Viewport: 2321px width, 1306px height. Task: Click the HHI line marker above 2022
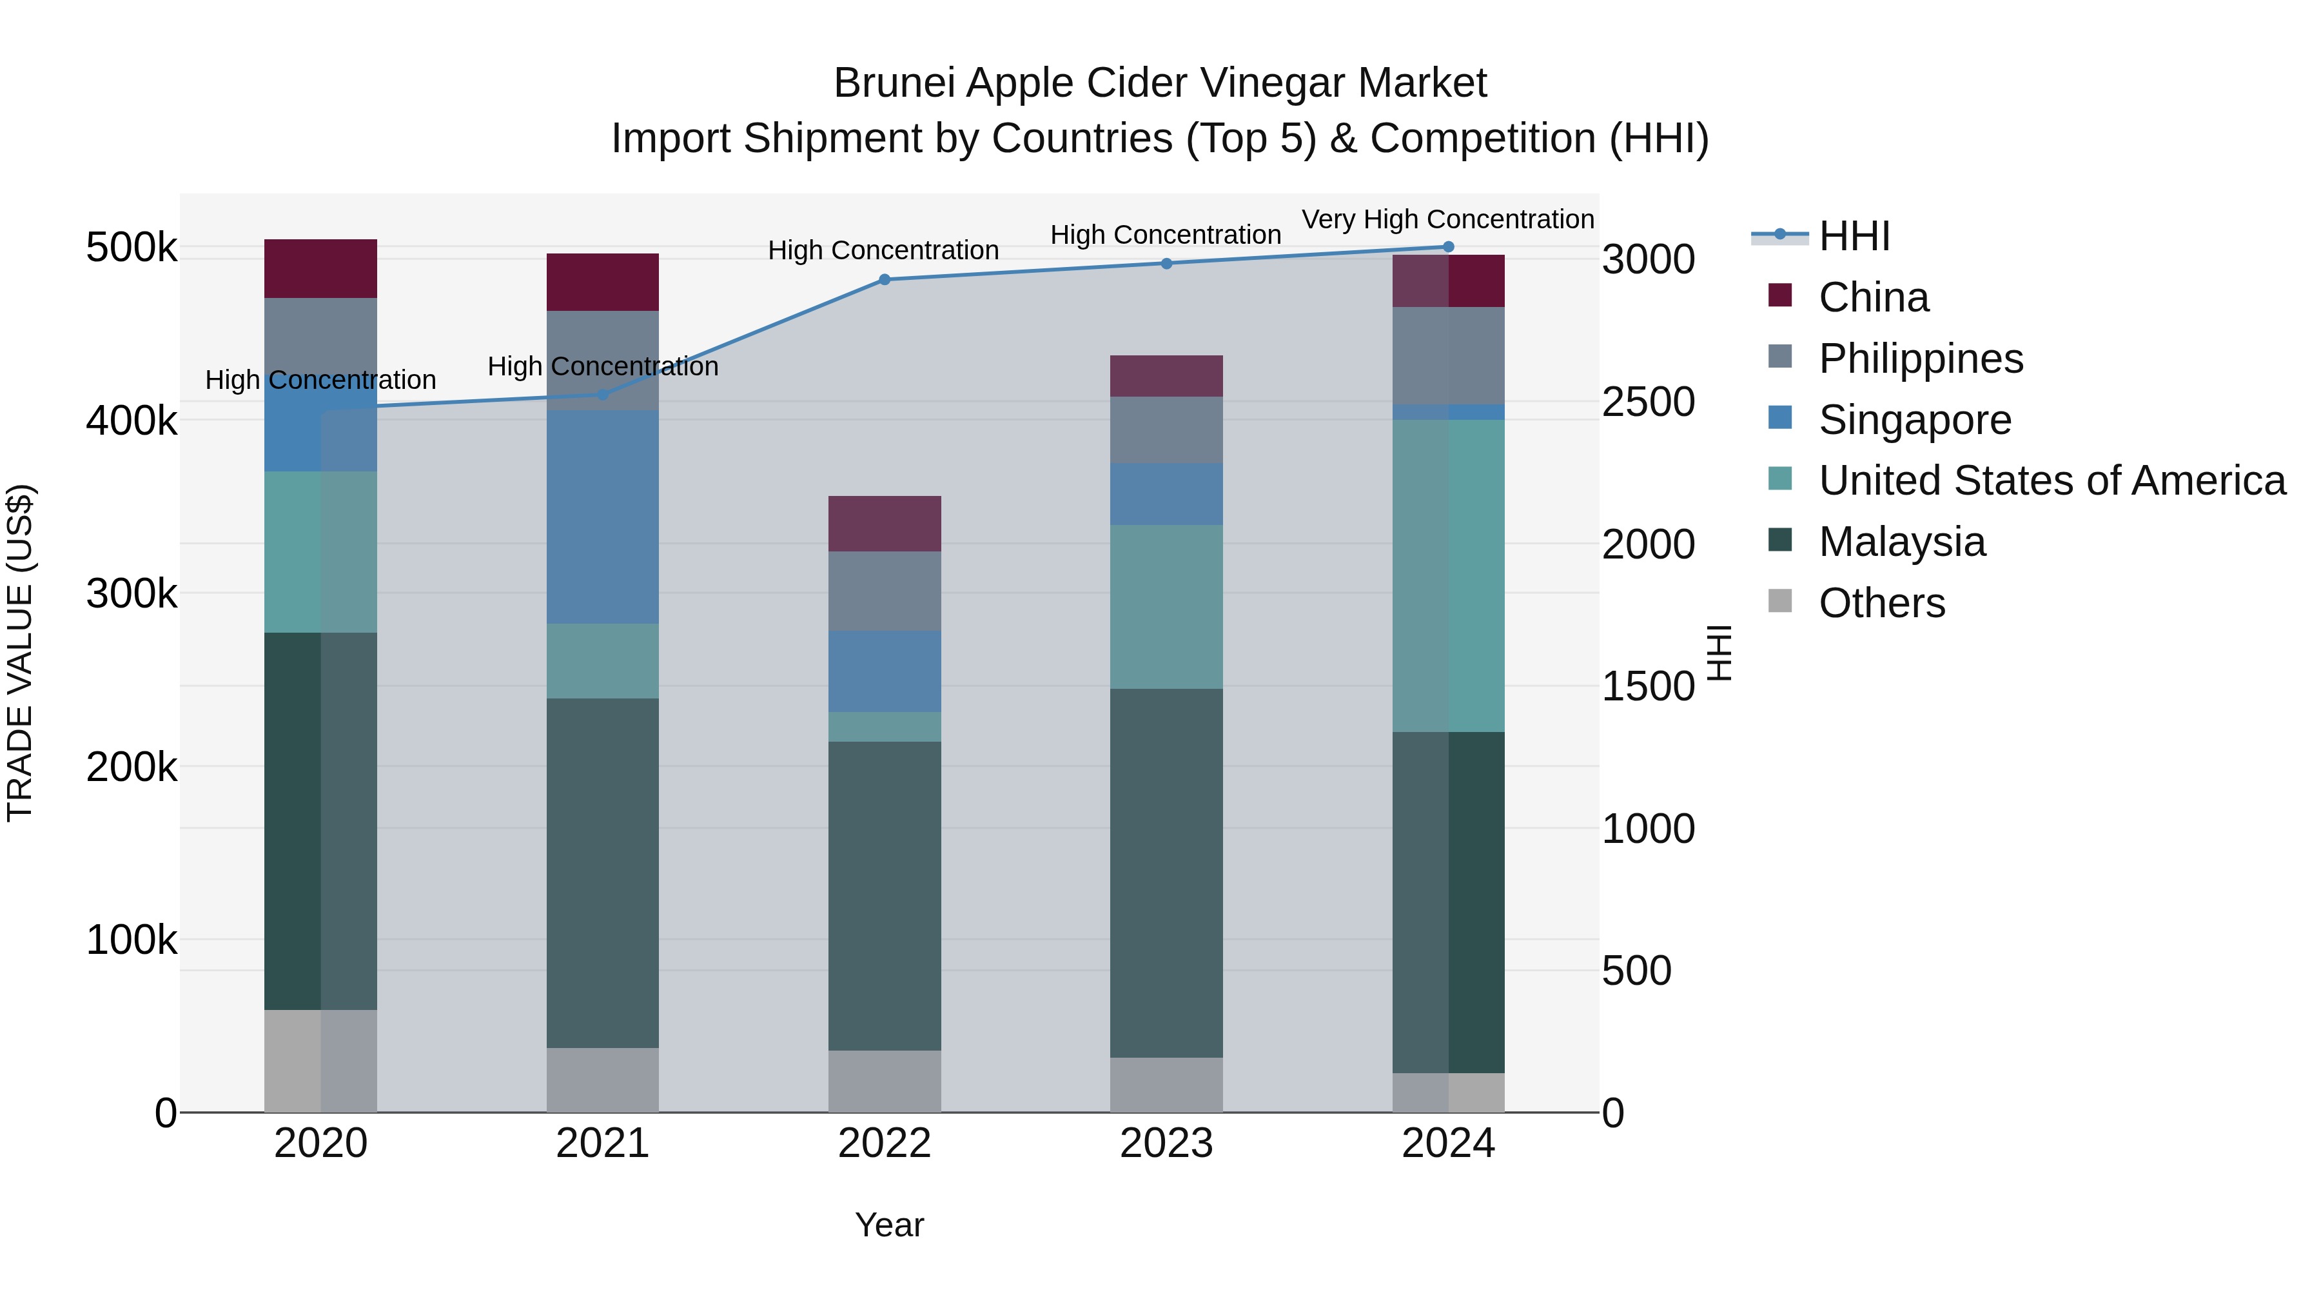click(x=884, y=279)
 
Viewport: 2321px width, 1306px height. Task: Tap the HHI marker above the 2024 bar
click(x=1448, y=247)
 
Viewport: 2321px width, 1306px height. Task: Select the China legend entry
click(x=1873, y=297)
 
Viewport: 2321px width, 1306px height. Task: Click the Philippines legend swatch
click(x=1779, y=357)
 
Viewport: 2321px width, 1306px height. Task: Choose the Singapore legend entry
click(x=1915, y=420)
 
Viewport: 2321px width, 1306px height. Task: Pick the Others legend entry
click(x=1881, y=603)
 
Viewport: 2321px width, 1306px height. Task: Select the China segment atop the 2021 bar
click(x=602, y=282)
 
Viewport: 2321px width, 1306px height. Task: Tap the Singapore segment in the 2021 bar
click(x=602, y=517)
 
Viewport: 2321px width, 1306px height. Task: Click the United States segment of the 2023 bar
click(x=1166, y=607)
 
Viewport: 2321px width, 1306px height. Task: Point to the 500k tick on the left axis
click(x=132, y=248)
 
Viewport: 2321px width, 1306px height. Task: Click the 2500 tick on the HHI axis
click(x=1648, y=402)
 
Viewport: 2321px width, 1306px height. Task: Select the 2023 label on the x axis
click(x=1166, y=1143)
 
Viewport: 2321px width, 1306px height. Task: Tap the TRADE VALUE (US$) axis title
click(x=20, y=653)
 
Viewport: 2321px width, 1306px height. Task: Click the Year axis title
click(x=888, y=1225)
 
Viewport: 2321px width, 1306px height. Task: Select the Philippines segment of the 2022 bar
click(x=884, y=591)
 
